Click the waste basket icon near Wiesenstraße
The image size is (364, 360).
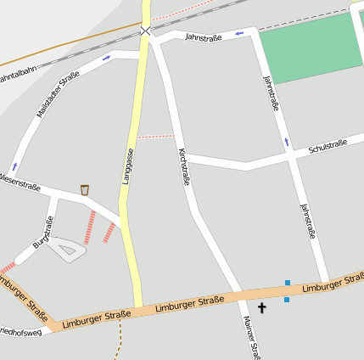[x=84, y=189]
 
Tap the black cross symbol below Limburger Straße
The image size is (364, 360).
[x=261, y=308]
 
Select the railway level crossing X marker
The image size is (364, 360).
[x=146, y=31]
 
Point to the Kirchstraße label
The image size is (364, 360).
[x=183, y=166]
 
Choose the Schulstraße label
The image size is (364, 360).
[x=328, y=148]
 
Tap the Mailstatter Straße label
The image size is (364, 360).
[x=58, y=93]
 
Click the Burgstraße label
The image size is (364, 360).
[x=43, y=232]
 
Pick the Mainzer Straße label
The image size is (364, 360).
[x=249, y=337]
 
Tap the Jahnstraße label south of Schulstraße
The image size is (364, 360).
[x=307, y=220]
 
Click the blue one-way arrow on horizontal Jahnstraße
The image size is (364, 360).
[x=239, y=33]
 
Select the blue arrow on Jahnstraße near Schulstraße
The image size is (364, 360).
[x=287, y=141]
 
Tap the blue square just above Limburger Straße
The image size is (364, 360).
[x=288, y=283]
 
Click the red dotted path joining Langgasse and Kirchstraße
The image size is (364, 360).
[x=155, y=136]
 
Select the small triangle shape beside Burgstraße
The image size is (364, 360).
[x=66, y=250]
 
